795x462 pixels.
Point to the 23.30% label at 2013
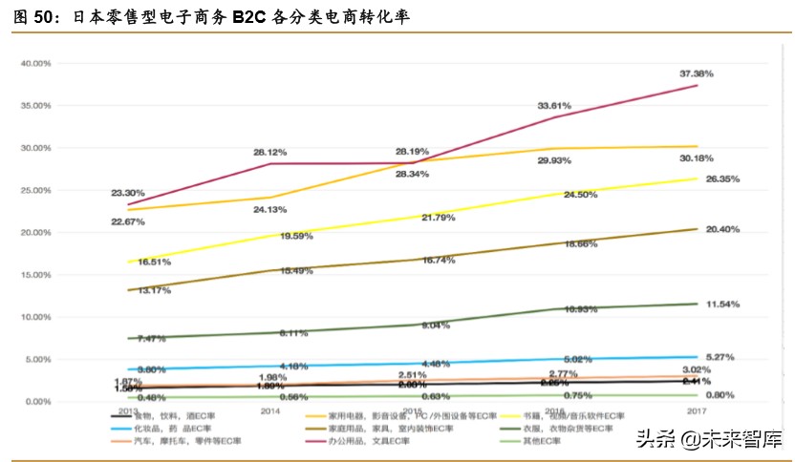128,193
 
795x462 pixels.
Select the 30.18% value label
722,158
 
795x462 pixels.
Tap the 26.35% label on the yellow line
722,178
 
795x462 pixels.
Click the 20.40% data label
722,229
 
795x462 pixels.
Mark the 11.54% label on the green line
722,304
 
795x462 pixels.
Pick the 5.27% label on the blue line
722,357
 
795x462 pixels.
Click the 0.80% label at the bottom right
722,395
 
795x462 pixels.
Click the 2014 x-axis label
269,411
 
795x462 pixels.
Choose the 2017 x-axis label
696,411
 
